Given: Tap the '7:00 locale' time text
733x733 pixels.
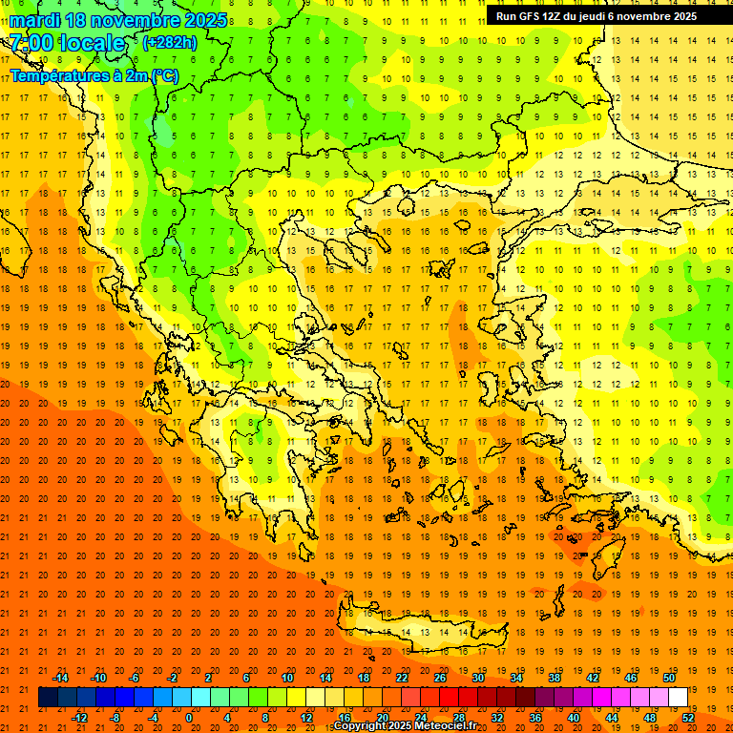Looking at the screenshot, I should (x=67, y=43).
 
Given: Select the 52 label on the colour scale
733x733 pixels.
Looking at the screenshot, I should (x=688, y=718).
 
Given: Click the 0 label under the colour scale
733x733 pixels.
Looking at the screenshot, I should (x=188, y=718).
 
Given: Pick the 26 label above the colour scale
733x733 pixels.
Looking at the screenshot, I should (x=440, y=678).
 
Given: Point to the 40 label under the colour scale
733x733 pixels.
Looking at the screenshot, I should (x=574, y=718).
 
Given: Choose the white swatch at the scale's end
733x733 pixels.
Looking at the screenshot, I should (x=679, y=698).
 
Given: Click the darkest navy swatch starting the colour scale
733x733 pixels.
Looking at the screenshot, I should (x=48, y=698).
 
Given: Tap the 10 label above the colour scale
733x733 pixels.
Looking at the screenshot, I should (x=287, y=678).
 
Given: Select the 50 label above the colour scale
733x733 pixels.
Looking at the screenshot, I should (x=669, y=678).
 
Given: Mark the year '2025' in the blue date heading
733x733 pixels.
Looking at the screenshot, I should (x=205, y=20).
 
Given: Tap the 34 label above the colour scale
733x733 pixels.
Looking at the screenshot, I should (x=516, y=678).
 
